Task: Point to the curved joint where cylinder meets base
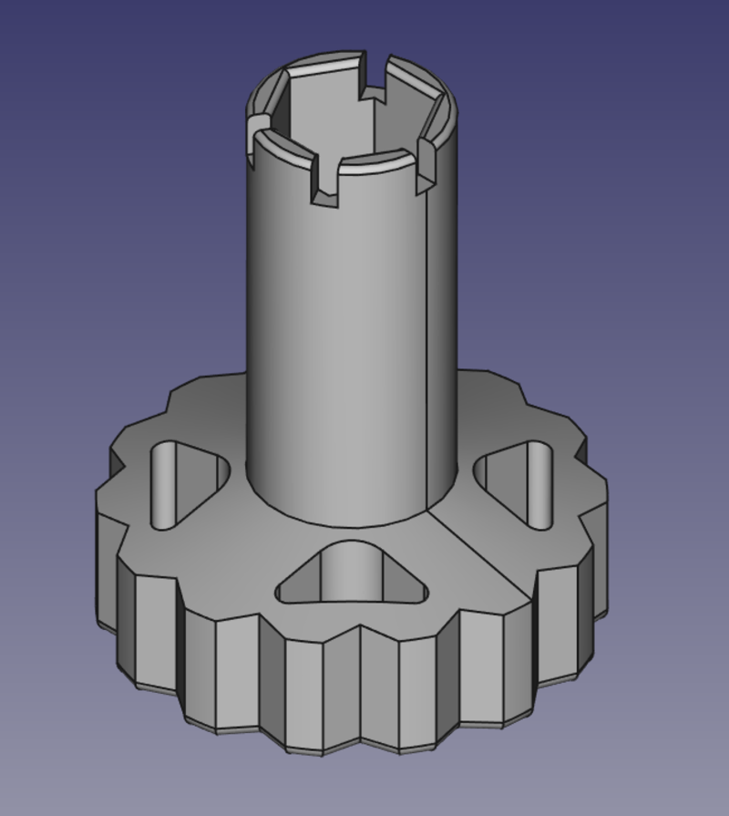[351, 524]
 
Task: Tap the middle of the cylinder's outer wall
[351, 346]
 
